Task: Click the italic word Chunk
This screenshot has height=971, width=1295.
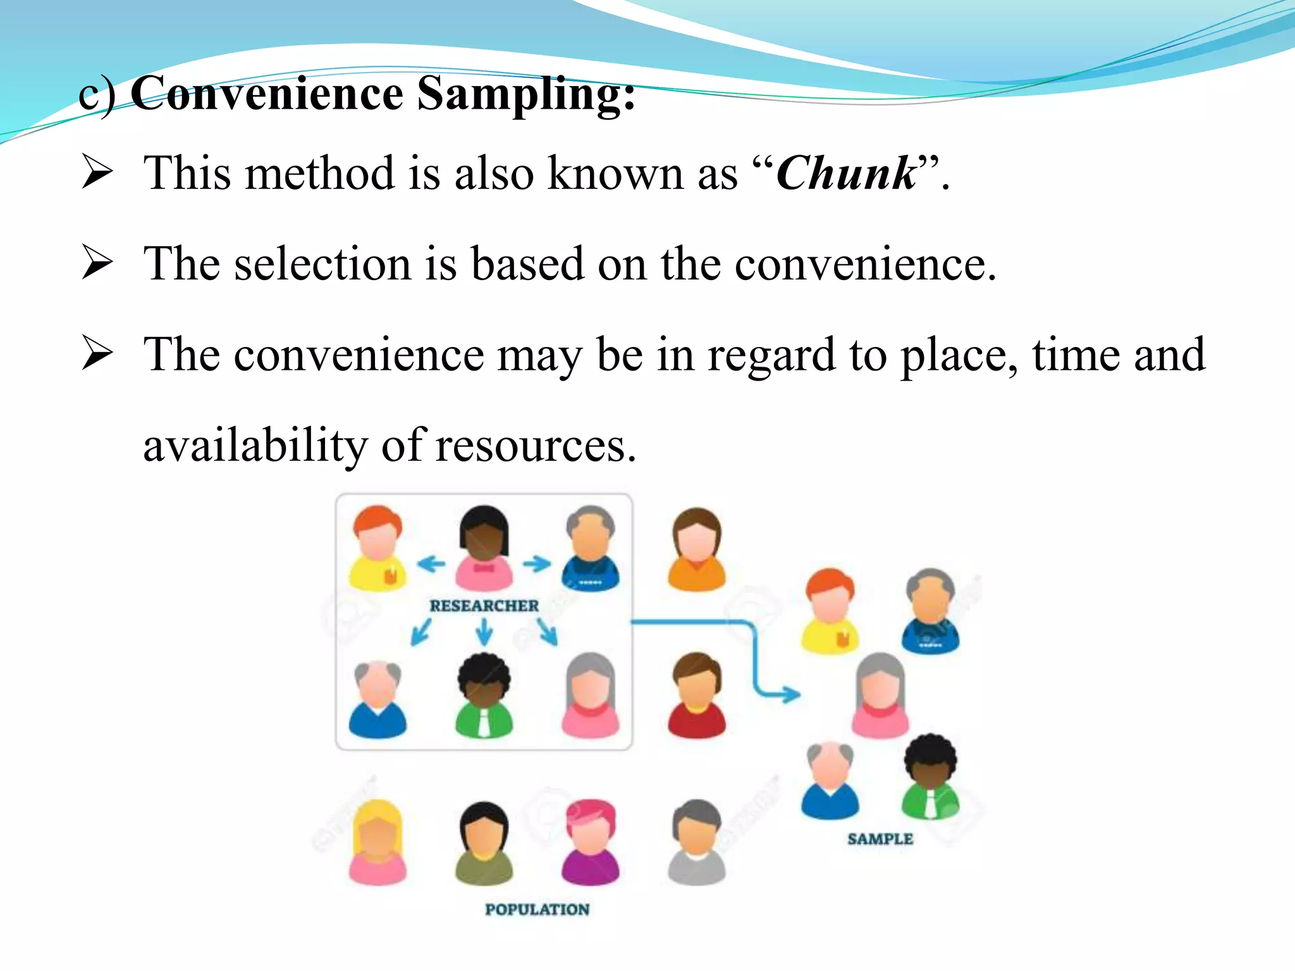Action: [x=846, y=173]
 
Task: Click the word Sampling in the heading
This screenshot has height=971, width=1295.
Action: [x=526, y=94]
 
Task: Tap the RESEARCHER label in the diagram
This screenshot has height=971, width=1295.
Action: [x=484, y=606]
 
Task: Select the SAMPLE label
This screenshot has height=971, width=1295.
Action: [x=880, y=839]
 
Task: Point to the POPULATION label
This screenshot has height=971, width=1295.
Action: [x=537, y=909]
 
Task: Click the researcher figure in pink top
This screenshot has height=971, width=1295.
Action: [x=484, y=547]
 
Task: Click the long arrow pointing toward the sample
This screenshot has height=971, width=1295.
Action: [x=752, y=657]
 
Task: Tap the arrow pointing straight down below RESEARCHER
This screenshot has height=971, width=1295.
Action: [x=484, y=632]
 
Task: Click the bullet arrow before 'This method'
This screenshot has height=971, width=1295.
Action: [x=97, y=173]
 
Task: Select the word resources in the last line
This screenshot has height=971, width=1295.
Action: [x=536, y=446]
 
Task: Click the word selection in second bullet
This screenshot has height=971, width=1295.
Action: [x=322, y=264]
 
